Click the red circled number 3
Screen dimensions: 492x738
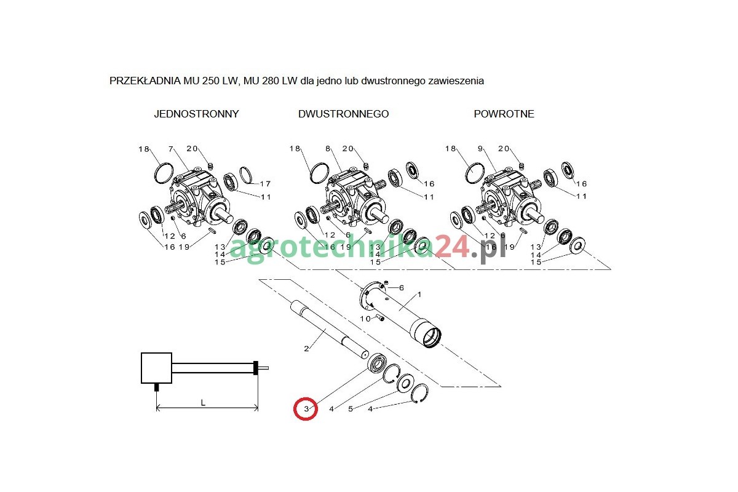(305, 408)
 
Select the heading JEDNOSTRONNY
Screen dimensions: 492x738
(196, 114)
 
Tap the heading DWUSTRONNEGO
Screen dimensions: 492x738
(343, 114)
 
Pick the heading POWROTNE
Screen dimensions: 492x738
(504, 114)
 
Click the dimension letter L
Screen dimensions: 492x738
(204, 402)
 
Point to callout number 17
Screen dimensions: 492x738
(265, 184)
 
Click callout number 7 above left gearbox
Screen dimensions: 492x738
(171, 149)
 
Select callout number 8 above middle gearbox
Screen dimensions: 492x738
(328, 149)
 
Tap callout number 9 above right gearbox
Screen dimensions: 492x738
(482, 149)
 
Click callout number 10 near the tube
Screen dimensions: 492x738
(365, 319)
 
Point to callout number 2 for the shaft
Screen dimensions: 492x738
(306, 349)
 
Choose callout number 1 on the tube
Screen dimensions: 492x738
(419, 295)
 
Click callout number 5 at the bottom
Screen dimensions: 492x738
(351, 408)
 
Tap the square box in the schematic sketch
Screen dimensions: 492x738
(156, 368)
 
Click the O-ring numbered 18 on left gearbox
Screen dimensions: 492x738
(163, 172)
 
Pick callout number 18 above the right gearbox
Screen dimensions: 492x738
(451, 149)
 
